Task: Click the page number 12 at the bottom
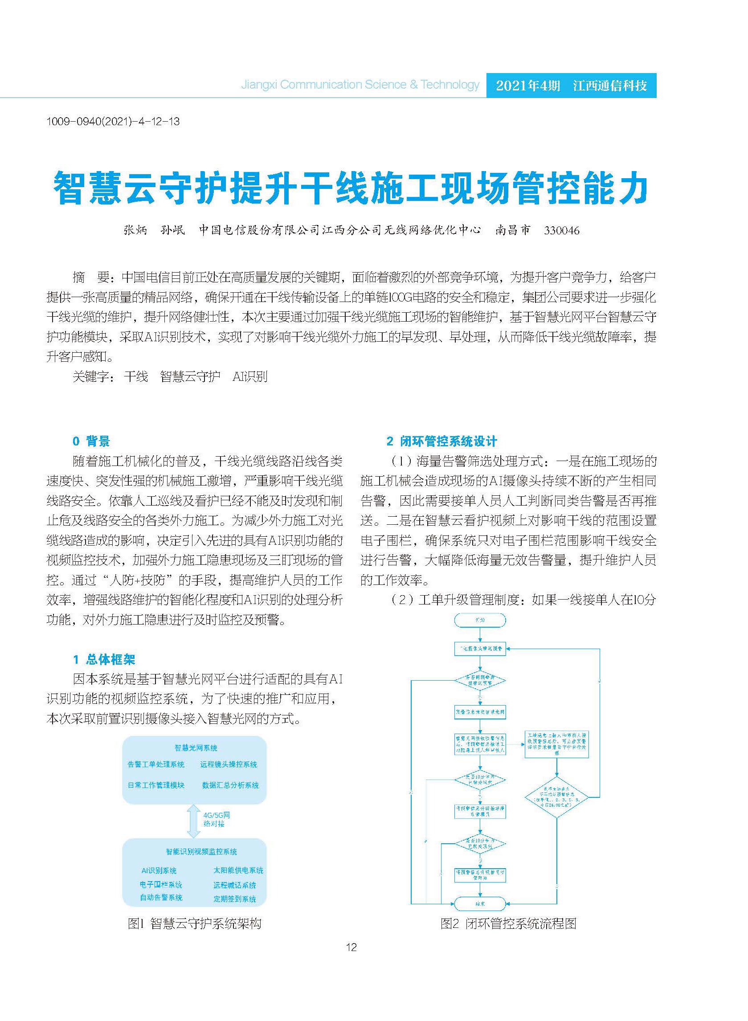[352, 947]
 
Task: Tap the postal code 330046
[561, 230]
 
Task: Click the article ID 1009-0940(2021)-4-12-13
[113, 121]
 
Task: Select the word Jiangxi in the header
[258, 85]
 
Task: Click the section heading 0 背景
[91, 441]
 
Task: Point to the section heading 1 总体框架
[104, 659]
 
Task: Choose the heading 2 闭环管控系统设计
[442, 441]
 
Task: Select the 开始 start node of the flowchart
[480, 620]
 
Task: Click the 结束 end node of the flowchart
[480, 904]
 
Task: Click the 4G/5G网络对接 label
[217, 819]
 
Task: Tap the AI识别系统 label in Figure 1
[159, 870]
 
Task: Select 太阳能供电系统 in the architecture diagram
[238, 870]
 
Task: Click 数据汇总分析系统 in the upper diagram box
[230, 785]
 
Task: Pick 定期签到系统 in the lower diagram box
[234, 899]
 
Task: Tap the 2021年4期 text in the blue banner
[528, 86]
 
